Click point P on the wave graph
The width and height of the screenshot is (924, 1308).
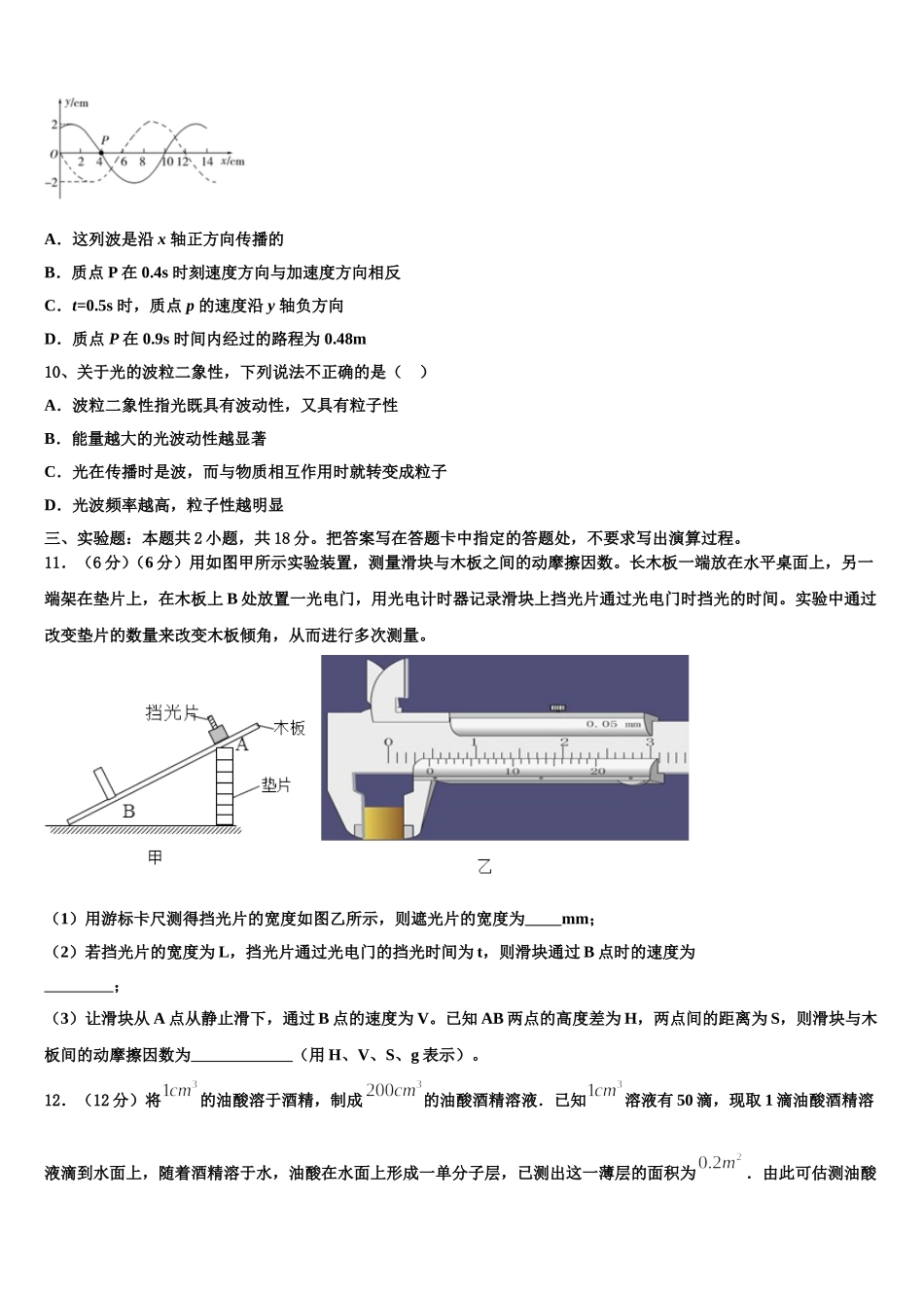tap(101, 153)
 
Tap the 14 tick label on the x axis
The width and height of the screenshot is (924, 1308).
tap(207, 163)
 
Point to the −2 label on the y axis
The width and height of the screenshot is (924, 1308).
tap(53, 182)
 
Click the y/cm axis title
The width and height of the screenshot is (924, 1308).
tap(77, 101)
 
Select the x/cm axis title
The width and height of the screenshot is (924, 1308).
tap(232, 161)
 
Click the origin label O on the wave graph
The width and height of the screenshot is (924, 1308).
tap(53, 155)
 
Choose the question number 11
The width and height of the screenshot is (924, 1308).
tap(55, 563)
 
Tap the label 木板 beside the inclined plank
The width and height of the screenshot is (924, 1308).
tap(289, 727)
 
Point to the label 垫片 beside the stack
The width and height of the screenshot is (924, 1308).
tap(275, 784)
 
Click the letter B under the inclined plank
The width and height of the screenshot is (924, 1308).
tap(128, 811)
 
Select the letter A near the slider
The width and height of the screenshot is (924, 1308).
tap(242, 745)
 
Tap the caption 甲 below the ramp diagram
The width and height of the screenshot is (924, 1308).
tap(155, 857)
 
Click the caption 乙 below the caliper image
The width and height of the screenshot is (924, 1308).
tap(484, 866)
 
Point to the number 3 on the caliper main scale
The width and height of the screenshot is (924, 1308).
tap(650, 743)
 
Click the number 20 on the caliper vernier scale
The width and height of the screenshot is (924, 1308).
tap(598, 772)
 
